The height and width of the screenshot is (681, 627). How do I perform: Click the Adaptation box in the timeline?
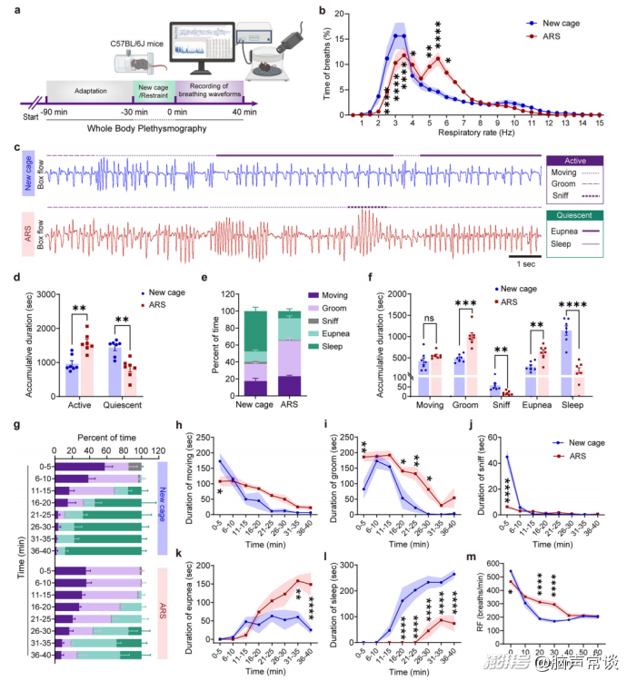[x=88, y=93]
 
